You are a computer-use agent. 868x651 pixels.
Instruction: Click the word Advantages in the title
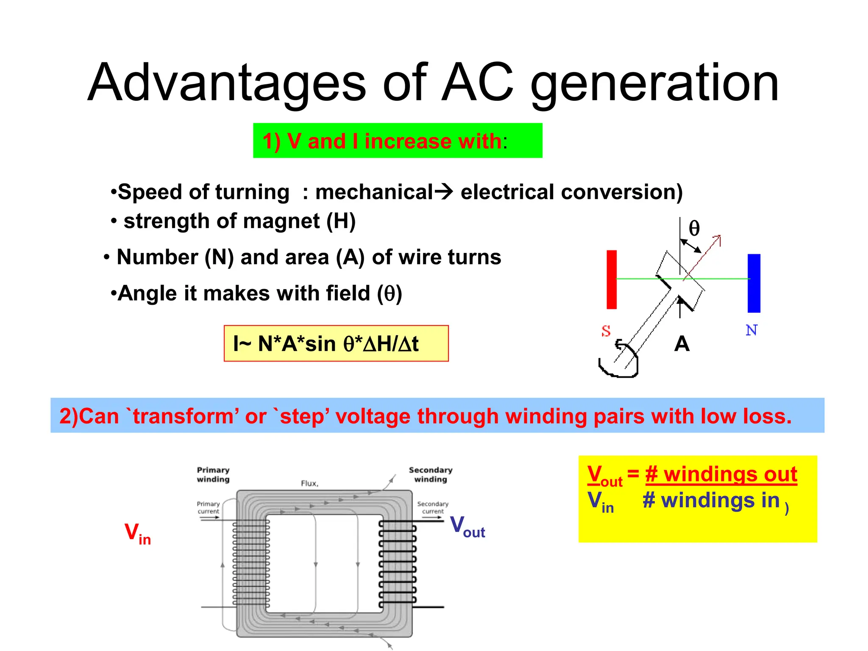[x=226, y=83]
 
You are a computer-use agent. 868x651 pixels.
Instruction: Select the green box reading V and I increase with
[x=397, y=141]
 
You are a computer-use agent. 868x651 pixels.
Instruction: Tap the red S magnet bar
[x=611, y=279]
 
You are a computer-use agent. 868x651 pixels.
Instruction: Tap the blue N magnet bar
[x=754, y=283]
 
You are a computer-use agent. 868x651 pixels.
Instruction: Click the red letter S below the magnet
[x=606, y=331]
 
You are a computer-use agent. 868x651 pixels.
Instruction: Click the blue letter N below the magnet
[x=751, y=330]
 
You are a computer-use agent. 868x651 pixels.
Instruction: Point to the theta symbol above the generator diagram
[x=694, y=228]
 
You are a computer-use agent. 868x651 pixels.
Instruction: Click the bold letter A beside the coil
[x=682, y=344]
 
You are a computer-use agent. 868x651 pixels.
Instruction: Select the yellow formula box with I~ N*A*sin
[x=336, y=344]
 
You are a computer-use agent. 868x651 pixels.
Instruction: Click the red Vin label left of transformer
[x=137, y=534]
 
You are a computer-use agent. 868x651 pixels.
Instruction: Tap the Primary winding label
[x=213, y=475]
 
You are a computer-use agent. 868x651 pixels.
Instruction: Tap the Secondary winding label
[x=431, y=475]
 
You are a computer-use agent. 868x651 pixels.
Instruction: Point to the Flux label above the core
[x=309, y=484]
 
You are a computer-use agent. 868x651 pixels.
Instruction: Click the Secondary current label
[x=432, y=507]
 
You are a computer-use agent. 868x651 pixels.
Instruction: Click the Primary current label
[x=208, y=507]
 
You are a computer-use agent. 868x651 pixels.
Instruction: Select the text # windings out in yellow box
[x=721, y=474]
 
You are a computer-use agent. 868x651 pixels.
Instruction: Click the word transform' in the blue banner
[x=183, y=416]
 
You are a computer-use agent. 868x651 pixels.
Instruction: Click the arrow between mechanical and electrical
[x=444, y=192]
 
